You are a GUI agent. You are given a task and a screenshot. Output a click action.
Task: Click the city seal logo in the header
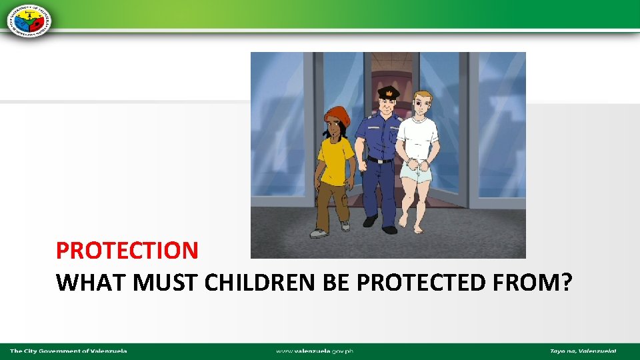click(30, 19)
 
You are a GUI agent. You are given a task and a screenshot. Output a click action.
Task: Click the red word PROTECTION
click(127, 251)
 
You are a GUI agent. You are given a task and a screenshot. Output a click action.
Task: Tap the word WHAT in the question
click(91, 283)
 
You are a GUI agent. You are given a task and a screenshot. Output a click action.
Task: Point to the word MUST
click(166, 283)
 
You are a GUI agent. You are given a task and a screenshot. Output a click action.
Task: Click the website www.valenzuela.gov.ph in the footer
click(315, 351)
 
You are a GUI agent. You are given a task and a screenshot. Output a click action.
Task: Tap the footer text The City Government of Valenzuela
click(69, 351)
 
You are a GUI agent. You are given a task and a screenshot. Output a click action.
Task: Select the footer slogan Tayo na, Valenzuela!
click(583, 351)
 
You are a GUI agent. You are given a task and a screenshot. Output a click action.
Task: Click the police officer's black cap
click(388, 92)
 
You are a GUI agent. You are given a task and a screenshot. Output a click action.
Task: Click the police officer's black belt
click(381, 160)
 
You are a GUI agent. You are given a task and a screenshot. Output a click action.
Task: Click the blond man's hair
click(423, 97)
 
